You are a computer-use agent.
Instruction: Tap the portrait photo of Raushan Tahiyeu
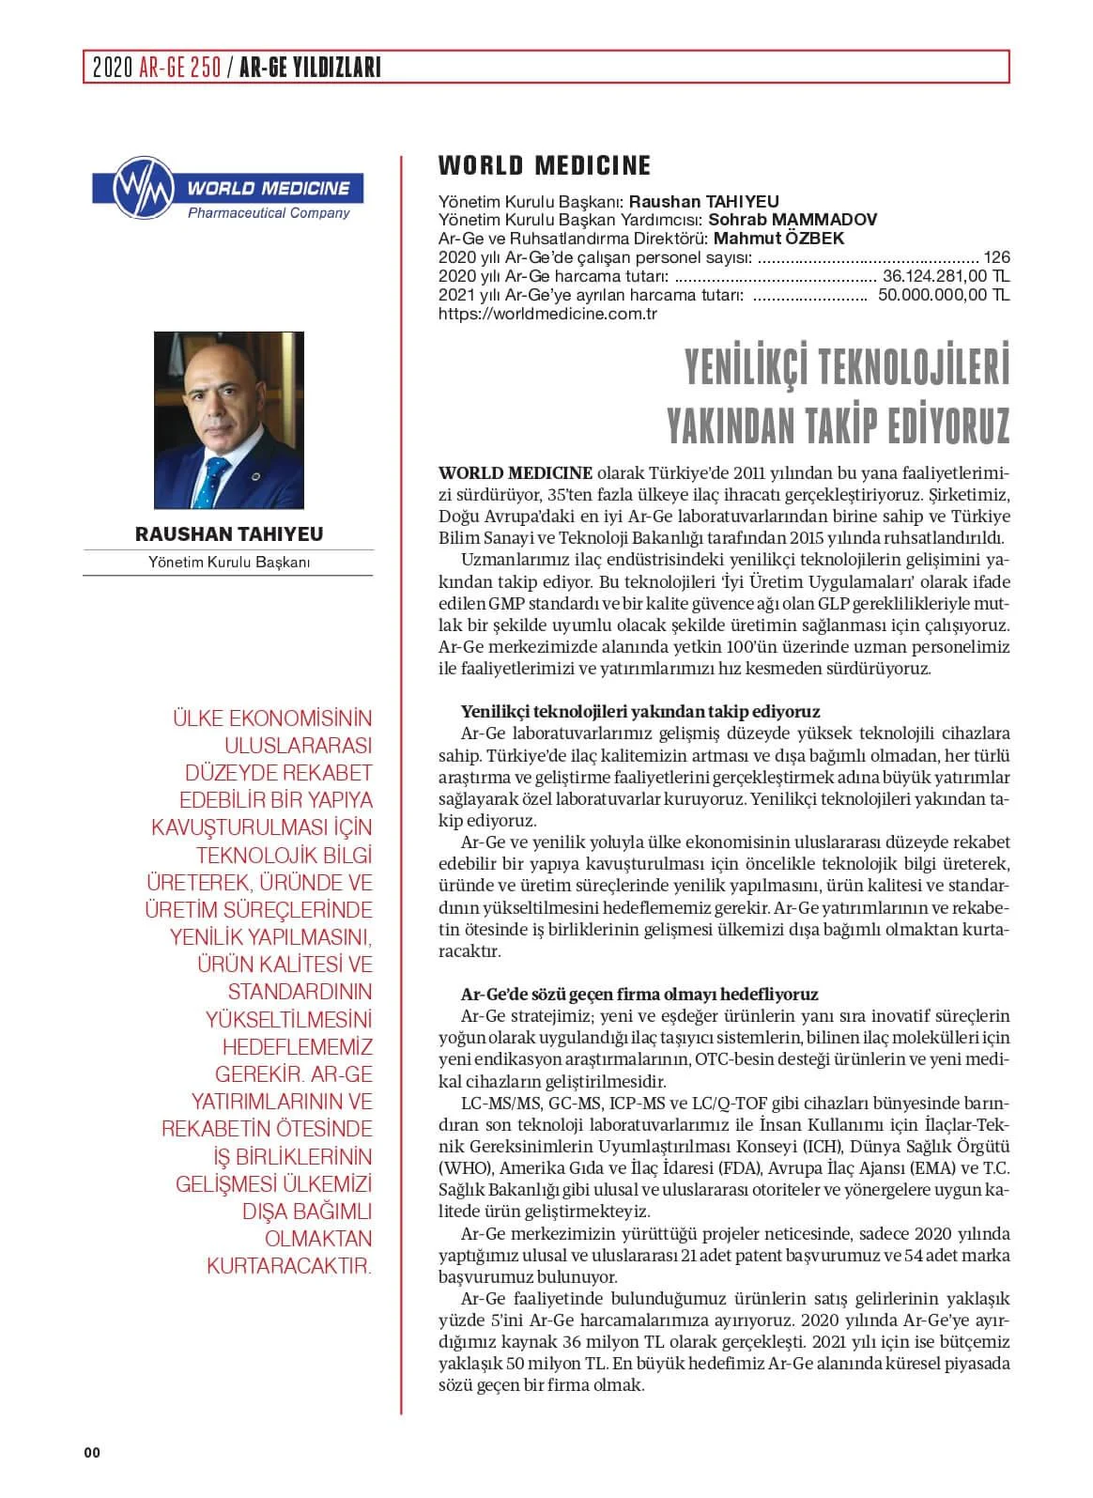click(228, 420)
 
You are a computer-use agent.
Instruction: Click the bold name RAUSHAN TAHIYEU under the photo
click(228, 534)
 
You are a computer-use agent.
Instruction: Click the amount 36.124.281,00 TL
click(947, 277)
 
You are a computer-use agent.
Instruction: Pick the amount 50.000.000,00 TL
click(944, 296)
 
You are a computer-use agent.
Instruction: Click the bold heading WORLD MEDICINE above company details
click(545, 166)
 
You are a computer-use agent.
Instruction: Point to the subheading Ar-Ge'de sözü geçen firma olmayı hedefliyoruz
click(639, 994)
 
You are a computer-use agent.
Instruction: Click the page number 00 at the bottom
click(91, 1453)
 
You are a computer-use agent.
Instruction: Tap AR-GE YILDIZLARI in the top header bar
click(310, 68)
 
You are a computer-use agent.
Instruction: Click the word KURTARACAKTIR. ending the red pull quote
click(289, 1265)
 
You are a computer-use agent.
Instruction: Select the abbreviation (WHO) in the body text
click(466, 1168)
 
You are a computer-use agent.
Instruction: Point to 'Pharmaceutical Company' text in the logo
click(269, 213)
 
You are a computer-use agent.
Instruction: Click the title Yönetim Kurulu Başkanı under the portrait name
click(228, 563)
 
